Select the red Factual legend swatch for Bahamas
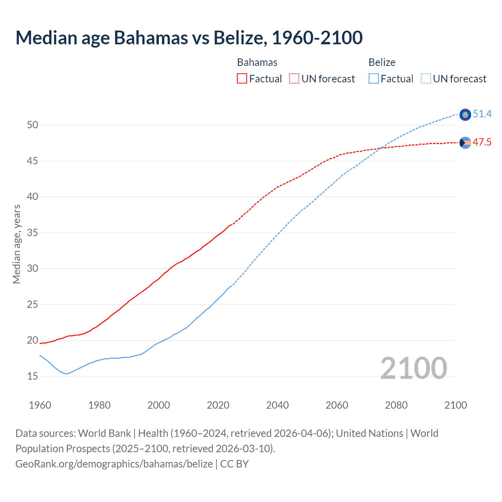coord(242,79)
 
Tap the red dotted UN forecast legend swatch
coord(294,79)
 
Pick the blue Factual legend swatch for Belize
coord(374,79)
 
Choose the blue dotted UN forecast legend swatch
coord(426,79)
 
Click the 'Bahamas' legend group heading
coord(257,62)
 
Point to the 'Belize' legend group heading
coord(382,62)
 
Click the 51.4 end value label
coord(482,114)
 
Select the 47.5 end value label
coord(482,142)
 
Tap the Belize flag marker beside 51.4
coord(465,115)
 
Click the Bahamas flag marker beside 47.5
coord(465,143)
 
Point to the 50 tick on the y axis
coord(33,125)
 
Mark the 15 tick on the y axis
coord(33,376)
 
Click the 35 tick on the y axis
coord(33,233)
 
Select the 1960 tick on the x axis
coord(40,405)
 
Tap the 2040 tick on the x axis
coord(277,405)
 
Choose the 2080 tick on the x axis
coord(396,405)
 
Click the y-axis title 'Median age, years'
coord(16,244)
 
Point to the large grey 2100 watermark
coord(413,368)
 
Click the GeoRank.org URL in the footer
coord(114,464)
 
